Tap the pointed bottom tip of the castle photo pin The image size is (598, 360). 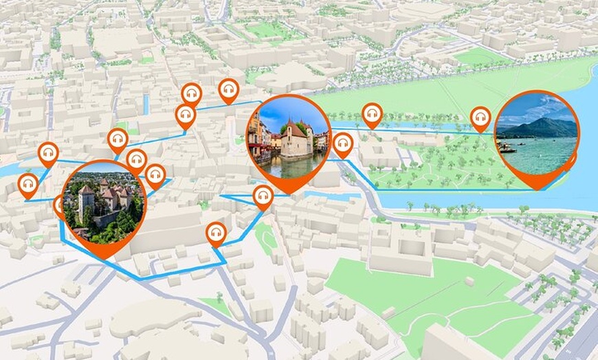(104, 257)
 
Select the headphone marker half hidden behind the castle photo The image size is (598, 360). (59, 204)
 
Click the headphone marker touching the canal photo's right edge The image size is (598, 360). (342, 144)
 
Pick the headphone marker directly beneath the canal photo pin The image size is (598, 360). (263, 196)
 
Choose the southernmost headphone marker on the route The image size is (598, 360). (216, 234)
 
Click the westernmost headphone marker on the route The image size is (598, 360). (27, 185)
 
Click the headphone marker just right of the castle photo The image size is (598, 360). (155, 175)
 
